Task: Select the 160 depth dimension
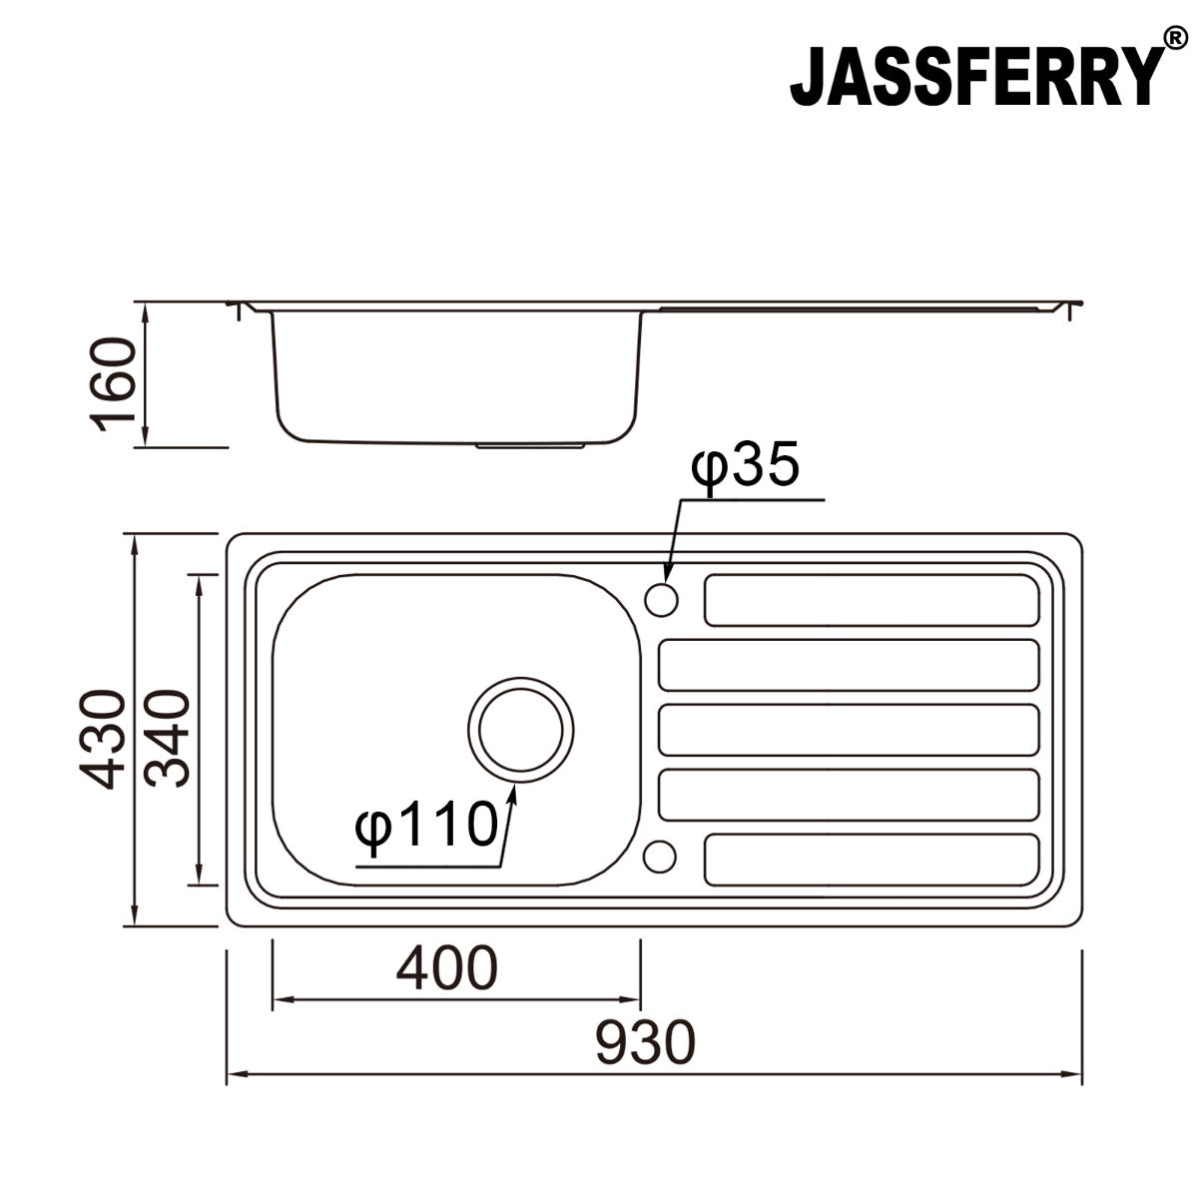(113, 384)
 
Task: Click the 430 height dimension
(105, 738)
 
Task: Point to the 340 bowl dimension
(166, 738)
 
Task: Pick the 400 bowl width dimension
(445, 966)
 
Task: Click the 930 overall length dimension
(644, 1042)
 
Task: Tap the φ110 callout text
(426, 825)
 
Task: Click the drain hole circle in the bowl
(521, 729)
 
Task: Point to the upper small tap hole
(662, 600)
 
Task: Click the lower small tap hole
(660, 857)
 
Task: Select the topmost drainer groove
(872, 600)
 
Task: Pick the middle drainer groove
(849, 730)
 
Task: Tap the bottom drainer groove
(872, 860)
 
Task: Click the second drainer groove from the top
(849, 665)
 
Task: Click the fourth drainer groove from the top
(849, 795)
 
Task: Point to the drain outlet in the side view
(530, 443)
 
